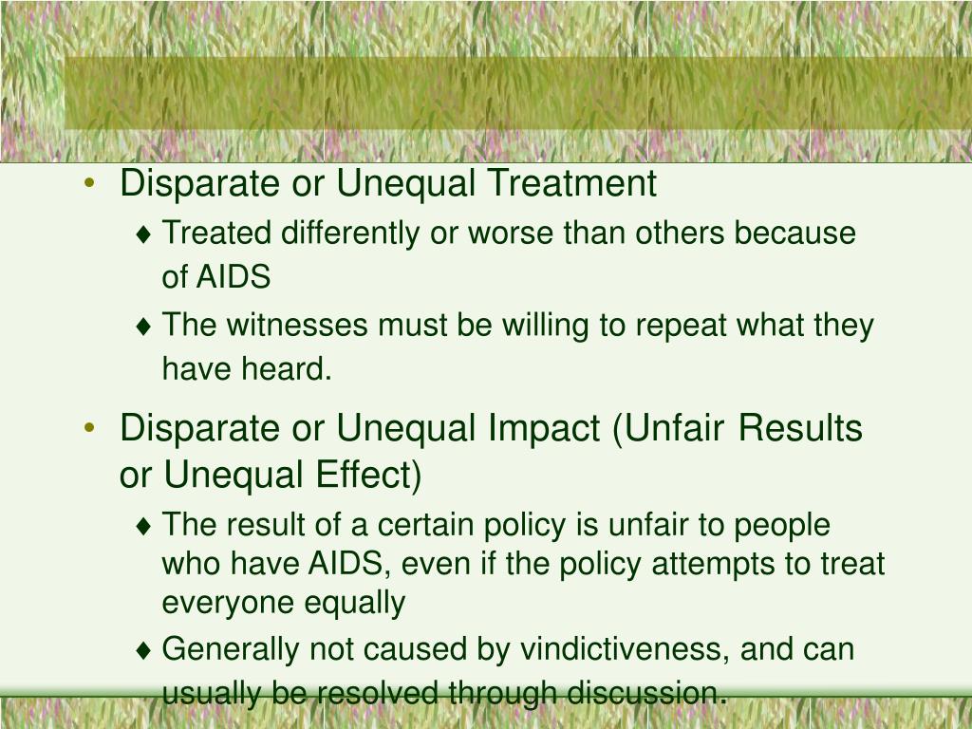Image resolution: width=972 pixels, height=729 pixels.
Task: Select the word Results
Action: [800, 428]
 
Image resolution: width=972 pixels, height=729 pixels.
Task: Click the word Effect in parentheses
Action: [368, 475]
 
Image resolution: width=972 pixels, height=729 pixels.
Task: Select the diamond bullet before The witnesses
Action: [144, 327]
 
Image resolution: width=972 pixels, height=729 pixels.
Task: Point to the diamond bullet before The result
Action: [144, 526]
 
